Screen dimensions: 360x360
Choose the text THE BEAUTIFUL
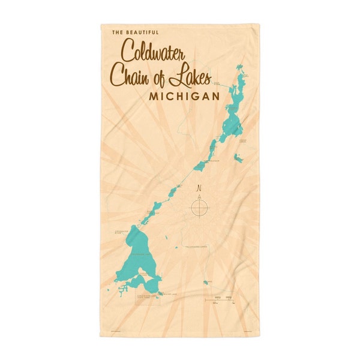click(136, 32)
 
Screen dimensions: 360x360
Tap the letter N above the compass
click(199, 188)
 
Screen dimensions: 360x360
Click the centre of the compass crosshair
click(199, 208)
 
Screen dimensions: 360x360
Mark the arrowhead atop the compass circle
click(199, 195)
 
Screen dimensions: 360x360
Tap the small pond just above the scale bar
click(207, 282)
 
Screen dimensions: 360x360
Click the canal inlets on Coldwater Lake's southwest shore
click(123, 291)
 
